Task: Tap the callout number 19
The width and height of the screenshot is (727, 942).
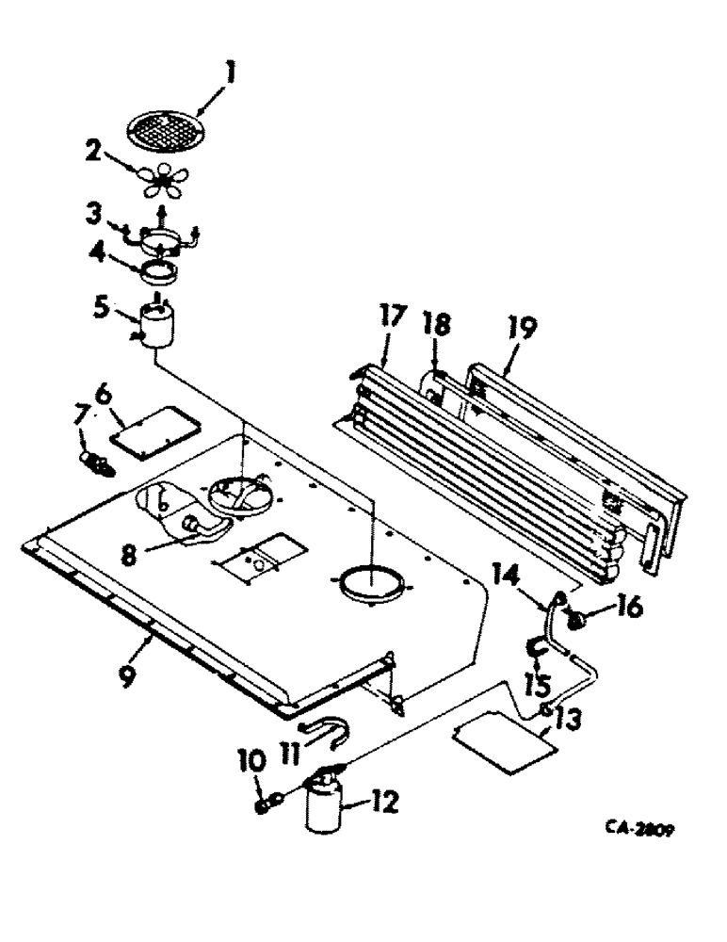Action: coord(523,331)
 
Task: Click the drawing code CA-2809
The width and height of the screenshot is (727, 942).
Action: coord(644,829)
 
